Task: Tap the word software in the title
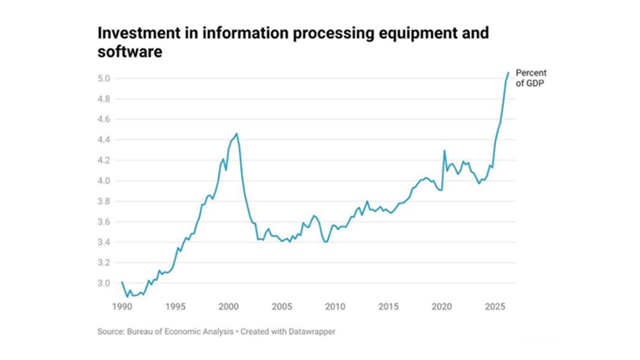click(x=130, y=52)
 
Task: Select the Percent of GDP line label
click(x=531, y=78)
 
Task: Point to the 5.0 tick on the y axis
click(x=104, y=79)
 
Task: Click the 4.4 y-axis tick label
click(x=104, y=140)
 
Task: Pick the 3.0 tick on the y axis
click(x=104, y=283)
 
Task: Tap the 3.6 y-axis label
click(x=104, y=222)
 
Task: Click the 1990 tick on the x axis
click(x=122, y=306)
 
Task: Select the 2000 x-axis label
click(x=229, y=306)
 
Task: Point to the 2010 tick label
click(x=335, y=306)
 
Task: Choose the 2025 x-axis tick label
click(x=495, y=306)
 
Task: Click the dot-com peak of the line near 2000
click(x=237, y=134)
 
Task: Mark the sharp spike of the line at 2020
click(x=444, y=150)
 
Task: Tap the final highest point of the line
click(x=508, y=73)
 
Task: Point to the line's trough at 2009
click(x=325, y=242)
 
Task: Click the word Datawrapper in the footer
click(x=312, y=332)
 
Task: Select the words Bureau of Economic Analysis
click(x=180, y=332)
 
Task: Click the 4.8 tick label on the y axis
click(x=104, y=99)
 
